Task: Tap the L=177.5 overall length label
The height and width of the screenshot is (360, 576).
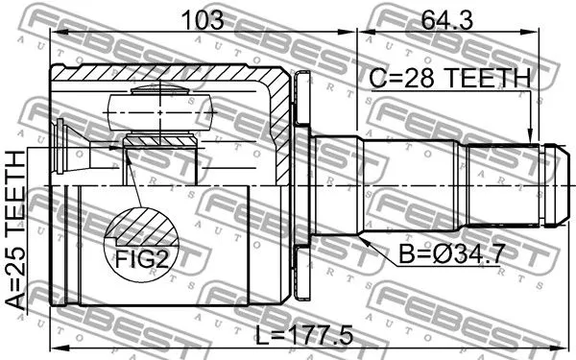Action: coord(303,335)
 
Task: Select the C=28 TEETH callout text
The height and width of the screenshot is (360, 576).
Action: coord(450,78)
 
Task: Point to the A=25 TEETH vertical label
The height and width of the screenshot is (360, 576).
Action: coord(15,230)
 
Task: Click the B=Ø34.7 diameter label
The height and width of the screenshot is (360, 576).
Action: coord(450,253)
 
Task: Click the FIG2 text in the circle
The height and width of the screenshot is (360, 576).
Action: coord(141,259)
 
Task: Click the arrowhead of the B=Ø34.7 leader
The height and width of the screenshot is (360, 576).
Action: coord(363,240)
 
